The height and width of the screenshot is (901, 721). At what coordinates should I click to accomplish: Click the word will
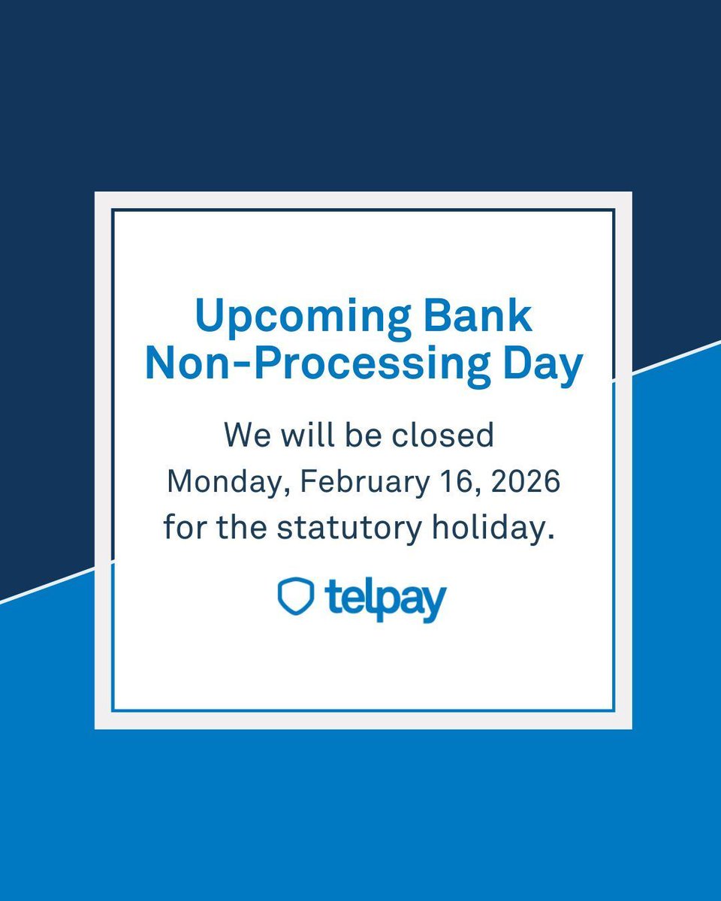click(303, 435)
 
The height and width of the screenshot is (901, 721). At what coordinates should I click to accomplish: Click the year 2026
click(526, 481)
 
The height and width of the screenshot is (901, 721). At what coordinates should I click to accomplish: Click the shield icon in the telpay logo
click(294, 596)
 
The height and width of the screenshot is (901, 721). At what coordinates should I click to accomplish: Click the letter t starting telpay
click(332, 598)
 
